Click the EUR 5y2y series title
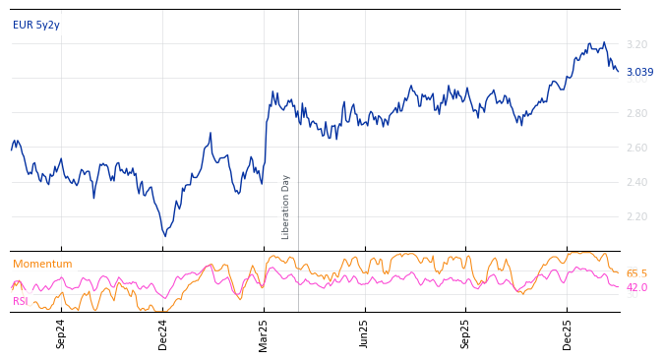pos(36,26)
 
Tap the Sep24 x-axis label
pos(61,333)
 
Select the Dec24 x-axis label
pos(163,333)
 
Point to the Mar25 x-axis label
pos(264,333)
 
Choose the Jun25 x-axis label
pos(364,333)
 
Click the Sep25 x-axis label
pos(465,333)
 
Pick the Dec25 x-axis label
pos(568,333)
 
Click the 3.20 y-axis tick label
pos(636,45)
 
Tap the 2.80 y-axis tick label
pos(636,114)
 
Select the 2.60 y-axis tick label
pos(636,149)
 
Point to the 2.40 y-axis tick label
pos(636,183)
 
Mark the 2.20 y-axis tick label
pos(636,217)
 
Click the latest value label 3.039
pos(639,73)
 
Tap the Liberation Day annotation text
pos(286,207)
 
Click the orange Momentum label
pos(42,265)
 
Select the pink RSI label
pos(21,302)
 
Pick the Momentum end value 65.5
pos(636,274)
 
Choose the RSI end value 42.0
pos(636,288)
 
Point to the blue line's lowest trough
pos(165,236)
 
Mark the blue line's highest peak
pos(603,42)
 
